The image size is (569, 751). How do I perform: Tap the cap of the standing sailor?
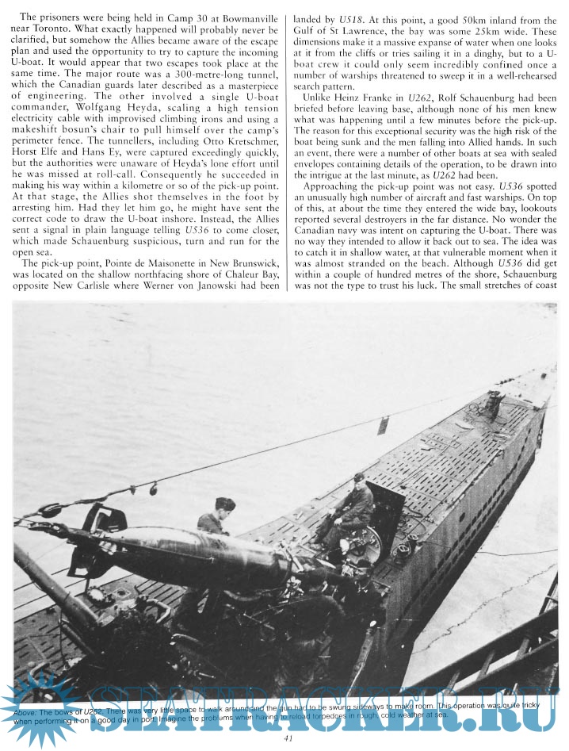click(224, 503)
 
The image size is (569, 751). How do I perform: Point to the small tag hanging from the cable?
click(382, 425)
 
